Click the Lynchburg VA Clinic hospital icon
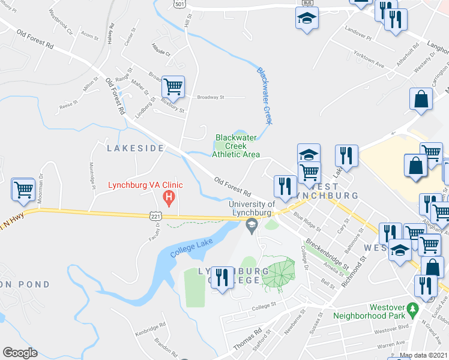170,197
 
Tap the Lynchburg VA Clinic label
145,185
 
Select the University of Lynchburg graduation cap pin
252,224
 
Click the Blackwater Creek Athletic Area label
236,145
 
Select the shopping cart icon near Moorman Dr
23,190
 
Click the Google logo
20,353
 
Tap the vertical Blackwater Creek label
265,95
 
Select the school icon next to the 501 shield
307,18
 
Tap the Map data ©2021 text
423,355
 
